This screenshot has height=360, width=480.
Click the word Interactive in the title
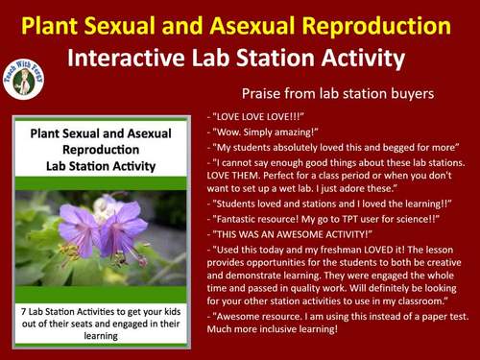123,57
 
